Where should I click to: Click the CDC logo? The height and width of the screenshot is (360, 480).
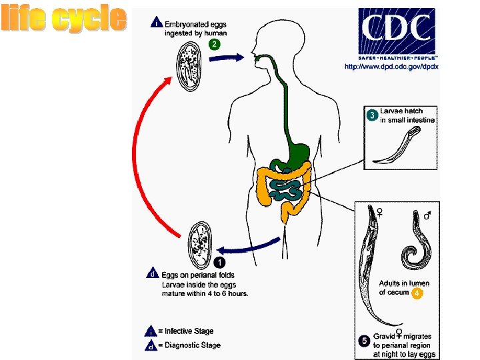[397, 31]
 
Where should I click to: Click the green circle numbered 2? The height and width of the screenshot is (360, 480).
[215, 45]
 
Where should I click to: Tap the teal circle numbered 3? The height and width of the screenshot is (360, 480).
[372, 115]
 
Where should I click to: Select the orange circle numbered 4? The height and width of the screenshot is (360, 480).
[417, 293]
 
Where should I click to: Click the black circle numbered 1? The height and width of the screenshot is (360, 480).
[219, 263]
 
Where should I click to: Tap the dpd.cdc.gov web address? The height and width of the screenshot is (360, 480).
[391, 67]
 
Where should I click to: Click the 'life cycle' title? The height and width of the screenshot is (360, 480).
[64, 19]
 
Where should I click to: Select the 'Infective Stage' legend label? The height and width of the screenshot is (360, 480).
[189, 331]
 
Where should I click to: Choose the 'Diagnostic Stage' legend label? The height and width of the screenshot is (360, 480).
[193, 345]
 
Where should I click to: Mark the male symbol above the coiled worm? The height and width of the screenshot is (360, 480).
[427, 214]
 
